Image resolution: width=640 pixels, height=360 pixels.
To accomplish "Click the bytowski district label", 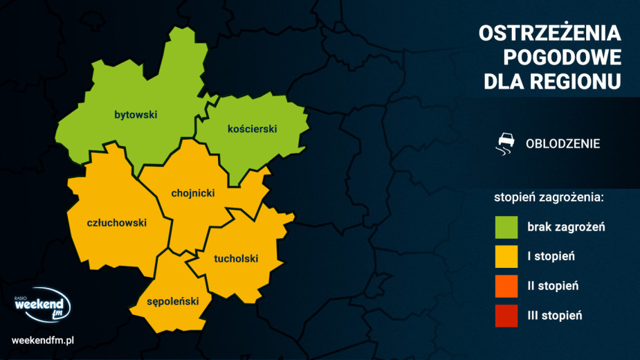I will click(136, 115).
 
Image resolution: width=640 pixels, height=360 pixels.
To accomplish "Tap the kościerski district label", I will click(252, 129).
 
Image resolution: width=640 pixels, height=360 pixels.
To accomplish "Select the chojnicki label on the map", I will click(193, 193).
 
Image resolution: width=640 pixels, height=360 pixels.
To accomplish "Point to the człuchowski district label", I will click(117, 223).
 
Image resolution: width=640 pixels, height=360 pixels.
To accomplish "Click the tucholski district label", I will click(236, 259).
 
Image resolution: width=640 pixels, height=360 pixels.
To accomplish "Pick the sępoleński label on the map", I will click(173, 301).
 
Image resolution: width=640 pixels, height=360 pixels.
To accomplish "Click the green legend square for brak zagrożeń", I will click(506, 227).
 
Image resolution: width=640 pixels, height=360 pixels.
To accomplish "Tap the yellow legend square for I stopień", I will click(506, 257).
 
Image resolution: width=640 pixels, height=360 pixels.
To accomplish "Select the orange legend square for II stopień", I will click(506, 286).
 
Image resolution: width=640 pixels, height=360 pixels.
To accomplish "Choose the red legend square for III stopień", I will click(506, 316).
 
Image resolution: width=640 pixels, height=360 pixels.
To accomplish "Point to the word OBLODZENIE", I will click(563, 144).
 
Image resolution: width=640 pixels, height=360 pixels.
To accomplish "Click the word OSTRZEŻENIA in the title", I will click(551, 33).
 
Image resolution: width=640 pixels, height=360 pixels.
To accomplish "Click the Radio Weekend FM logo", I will click(42, 307).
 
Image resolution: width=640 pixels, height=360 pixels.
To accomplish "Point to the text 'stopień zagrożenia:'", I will click(549, 197).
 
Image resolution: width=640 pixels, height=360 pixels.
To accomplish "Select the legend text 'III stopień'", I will click(554, 316).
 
